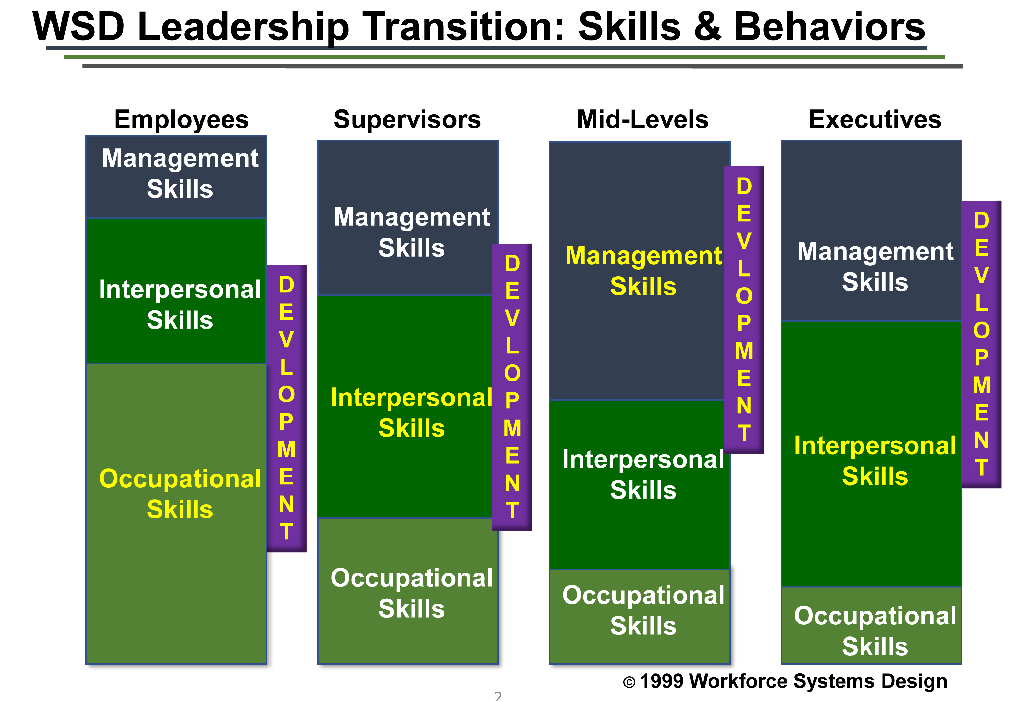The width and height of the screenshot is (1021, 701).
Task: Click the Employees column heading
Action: coord(181,120)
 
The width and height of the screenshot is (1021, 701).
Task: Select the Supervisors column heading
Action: coord(407,120)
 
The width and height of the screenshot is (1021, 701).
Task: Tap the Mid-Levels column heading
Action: coord(642,119)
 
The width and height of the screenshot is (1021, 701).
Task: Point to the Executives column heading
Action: coord(875,119)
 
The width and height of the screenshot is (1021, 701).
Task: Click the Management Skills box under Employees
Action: coord(176,177)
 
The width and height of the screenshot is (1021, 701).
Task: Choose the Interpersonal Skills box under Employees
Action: coord(176,291)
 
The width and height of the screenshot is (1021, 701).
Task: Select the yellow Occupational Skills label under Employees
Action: coord(180,494)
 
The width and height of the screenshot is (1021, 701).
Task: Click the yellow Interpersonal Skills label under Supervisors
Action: coord(412,412)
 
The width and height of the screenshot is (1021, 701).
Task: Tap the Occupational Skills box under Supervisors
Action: coord(408,591)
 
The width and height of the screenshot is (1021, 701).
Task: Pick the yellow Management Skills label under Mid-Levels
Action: coord(643,271)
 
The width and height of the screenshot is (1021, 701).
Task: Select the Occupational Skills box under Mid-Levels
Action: coord(640,617)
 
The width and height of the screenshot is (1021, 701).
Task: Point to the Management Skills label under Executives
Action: coord(875,267)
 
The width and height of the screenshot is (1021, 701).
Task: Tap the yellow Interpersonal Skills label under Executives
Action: coord(875,461)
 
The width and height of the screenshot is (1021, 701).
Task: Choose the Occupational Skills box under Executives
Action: coord(871,626)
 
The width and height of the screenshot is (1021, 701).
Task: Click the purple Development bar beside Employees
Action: coord(286,408)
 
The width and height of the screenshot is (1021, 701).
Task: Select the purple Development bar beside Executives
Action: coord(982,344)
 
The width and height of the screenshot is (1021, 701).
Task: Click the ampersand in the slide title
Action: coord(707,27)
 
